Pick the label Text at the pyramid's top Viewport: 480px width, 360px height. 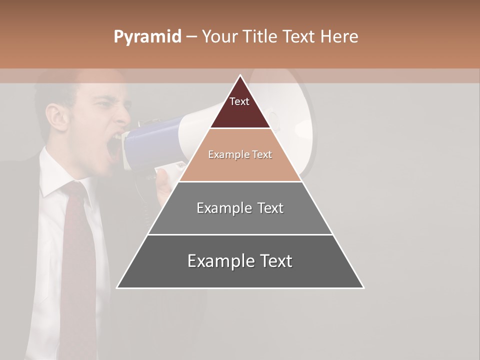point(239,101)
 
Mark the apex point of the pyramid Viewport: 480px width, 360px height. point(240,75)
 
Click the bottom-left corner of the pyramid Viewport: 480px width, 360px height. point(117,287)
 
